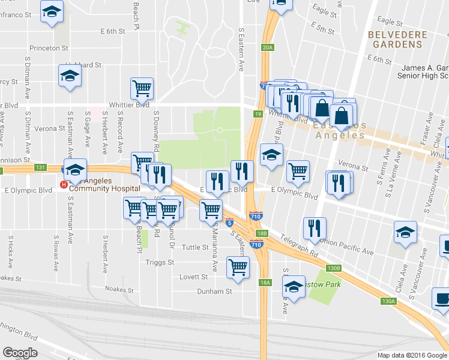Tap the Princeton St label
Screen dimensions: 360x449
50,47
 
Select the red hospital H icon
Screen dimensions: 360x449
64,185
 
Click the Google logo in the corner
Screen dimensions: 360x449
20,352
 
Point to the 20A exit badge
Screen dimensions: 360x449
268,47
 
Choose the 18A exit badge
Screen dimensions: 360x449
265,282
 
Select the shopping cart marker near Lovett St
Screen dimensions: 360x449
238,266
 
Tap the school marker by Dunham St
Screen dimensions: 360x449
294,287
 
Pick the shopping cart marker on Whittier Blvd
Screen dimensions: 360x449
142,89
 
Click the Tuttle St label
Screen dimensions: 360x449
194,247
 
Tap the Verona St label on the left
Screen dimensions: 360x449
49,128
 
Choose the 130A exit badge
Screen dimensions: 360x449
389,301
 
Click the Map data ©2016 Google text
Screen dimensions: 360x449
412,355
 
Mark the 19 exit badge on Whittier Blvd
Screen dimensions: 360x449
258,113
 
